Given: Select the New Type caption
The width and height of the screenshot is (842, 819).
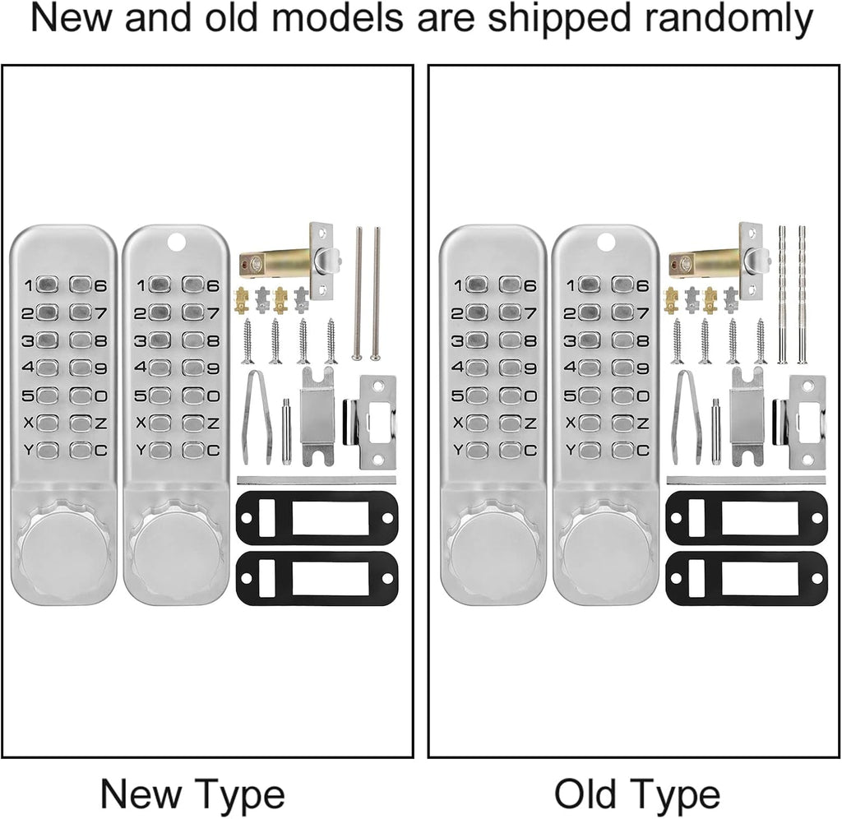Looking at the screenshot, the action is (x=192, y=795).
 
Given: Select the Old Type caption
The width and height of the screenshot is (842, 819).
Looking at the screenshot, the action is (x=636, y=795).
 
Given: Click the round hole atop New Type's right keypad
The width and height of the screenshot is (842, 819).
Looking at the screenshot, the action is (x=176, y=243).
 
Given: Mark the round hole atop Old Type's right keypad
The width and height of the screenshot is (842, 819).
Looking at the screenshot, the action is (x=605, y=243).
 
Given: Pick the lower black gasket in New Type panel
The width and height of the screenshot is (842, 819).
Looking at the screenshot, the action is (x=317, y=578).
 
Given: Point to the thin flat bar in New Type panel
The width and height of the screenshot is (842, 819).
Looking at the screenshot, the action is (x=317, y=480).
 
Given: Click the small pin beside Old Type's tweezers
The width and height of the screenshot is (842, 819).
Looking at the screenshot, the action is (x=716, y=432).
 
